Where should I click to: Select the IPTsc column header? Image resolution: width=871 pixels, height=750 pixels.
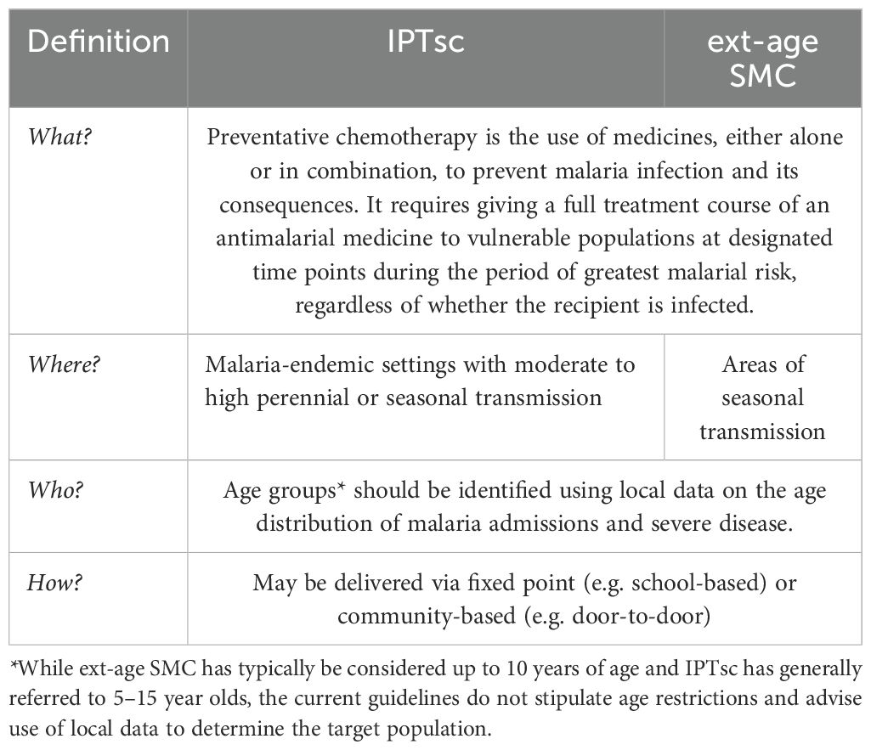click(427, 42)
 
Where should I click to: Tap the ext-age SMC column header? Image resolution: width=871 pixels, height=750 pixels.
click(763, 59)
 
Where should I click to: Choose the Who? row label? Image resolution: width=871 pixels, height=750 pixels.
click(53, 490)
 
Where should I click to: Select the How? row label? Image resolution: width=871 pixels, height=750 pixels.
click(53, 583)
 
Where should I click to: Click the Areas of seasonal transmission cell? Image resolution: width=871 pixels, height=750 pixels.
click(762, 398)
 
